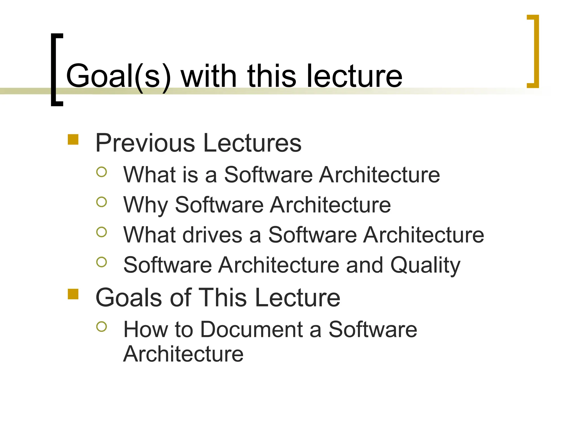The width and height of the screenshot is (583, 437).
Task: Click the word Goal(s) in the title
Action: point(118,76)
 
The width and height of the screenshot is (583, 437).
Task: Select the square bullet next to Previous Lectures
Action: point(73,140)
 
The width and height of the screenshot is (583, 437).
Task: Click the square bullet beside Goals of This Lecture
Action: point(73,294)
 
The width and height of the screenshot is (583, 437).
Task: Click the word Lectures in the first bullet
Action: point(253,143)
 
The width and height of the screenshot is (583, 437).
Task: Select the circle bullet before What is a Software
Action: point(102,172)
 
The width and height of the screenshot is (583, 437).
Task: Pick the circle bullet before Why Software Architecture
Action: point(102,202)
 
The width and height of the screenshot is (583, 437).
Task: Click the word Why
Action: point(145,205)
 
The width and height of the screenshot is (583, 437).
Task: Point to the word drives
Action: point(212,235)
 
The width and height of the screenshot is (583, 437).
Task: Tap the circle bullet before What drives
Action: point(102,232)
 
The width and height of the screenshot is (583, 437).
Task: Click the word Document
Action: point(251,329)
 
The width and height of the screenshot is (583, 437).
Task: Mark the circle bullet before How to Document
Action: point(102,327)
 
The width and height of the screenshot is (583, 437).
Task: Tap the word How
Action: point(145,329)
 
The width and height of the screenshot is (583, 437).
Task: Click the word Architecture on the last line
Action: point(183,354)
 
